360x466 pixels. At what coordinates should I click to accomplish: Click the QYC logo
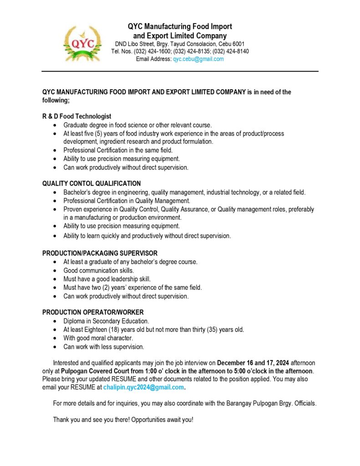click(82, 44)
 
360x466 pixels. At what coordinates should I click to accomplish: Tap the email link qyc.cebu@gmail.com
click(198, 59)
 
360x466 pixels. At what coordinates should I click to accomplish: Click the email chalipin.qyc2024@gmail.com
click(144, 387)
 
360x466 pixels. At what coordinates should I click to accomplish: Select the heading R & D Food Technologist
click(77, 116)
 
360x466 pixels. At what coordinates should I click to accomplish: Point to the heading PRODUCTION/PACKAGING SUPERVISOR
click(100, 253)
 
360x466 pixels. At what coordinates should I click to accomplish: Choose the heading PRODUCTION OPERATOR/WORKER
click(93, 312)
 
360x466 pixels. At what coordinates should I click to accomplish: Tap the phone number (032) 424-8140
click(231, 51)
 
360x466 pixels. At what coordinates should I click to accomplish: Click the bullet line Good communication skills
click(98, 270)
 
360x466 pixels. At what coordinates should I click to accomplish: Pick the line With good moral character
click(98, 338)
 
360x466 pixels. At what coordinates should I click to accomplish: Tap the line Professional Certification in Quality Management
click(127, 201)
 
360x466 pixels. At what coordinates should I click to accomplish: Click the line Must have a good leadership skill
click(107, 279)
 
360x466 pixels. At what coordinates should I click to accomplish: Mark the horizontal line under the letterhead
click(180, 71)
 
